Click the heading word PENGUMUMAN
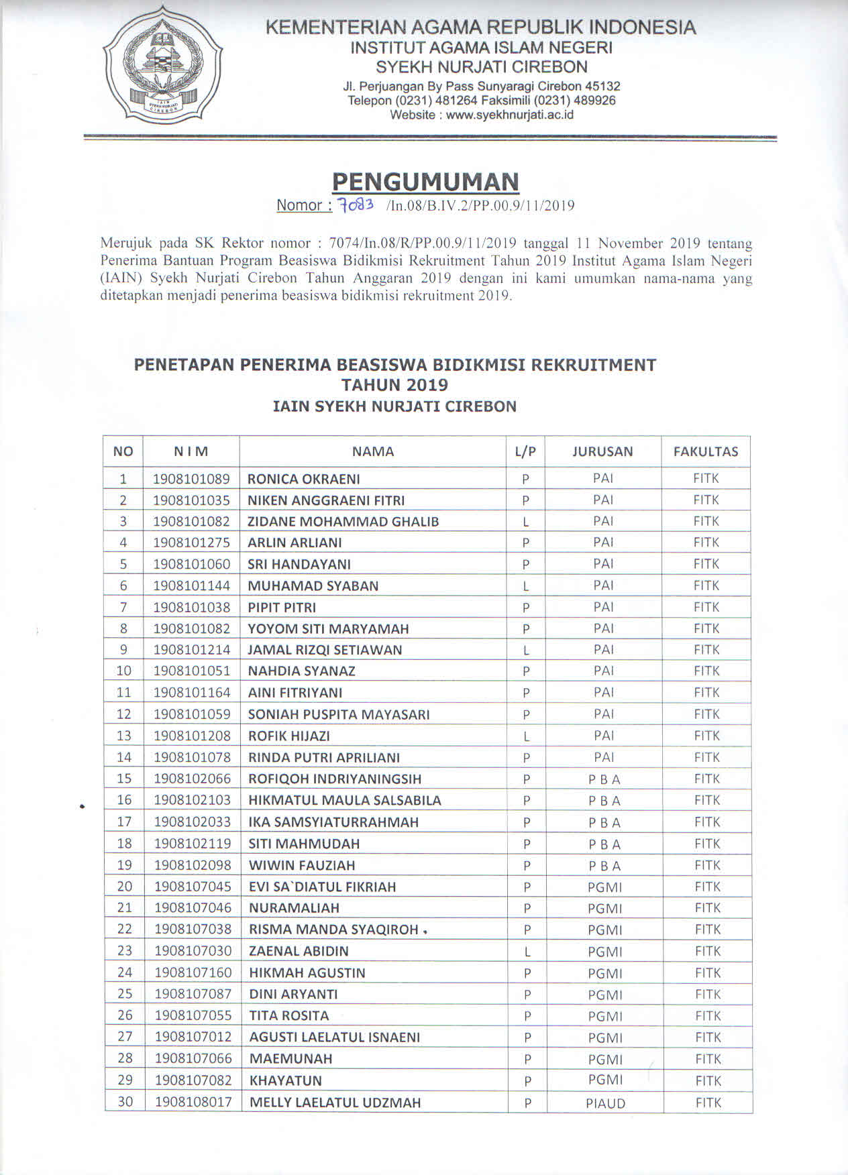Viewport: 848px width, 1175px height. (x=425, y=181)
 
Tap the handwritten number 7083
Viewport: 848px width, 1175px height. (x=356, y=205)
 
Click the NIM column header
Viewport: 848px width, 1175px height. (x=191, y=451)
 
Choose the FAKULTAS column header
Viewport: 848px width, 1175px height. (x=705, y=451)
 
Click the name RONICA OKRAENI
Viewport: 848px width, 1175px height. (x=303, y=479)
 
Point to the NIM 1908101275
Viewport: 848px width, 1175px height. (x=191, y=543)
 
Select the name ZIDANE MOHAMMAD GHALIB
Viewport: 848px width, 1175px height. (x=343, y=521)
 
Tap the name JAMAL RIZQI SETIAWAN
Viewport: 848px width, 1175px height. (x=325, y=650)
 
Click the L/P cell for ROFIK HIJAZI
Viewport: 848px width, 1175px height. (x=526, y=736)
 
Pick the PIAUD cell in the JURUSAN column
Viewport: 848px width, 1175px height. (x=605, y=1103)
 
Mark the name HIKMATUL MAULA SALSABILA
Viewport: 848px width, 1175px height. (x=345, y=800)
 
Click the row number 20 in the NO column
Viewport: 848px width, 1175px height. (x=125, y=887)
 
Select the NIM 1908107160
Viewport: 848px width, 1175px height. (x=193, y=972)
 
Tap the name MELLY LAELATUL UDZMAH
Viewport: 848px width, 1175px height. (x=335, y=1103)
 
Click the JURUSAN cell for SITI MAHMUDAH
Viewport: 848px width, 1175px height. (x=604, y=844)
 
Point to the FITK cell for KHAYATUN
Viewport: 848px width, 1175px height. (x=708, y=1080)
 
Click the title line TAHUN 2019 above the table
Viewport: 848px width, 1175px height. (x=394, y=385)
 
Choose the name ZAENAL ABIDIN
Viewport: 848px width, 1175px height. (x=299, y=951)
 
